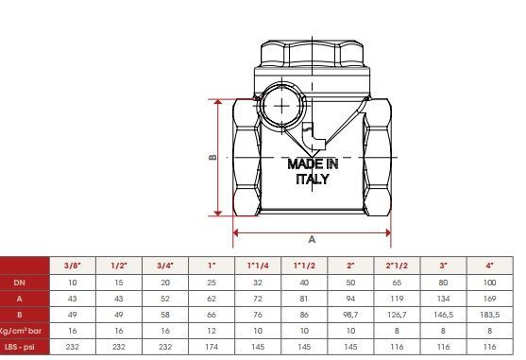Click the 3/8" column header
73,266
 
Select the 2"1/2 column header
397,266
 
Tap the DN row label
20,283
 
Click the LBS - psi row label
20,347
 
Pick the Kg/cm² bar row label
21,331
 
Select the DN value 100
490,283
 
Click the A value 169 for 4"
490,299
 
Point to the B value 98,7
350,315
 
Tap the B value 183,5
490,315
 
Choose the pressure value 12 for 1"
212,331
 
